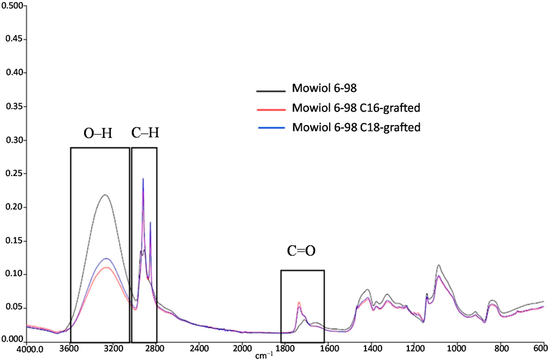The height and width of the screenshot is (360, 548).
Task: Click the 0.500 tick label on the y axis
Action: [12, 6]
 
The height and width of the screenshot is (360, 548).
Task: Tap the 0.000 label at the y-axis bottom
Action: [12, 339]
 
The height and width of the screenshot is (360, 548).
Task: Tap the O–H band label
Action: [99, 133]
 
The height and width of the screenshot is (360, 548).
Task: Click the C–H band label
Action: [144, 133]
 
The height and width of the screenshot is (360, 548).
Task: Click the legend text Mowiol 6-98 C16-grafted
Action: [355, 108]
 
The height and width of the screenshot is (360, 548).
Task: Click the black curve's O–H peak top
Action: [105, 195]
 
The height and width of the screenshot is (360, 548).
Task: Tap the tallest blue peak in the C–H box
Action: [143, 179]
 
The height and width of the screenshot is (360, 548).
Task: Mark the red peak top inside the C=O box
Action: [299, 303]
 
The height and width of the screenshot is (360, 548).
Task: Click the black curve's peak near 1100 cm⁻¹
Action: [439, 265]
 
